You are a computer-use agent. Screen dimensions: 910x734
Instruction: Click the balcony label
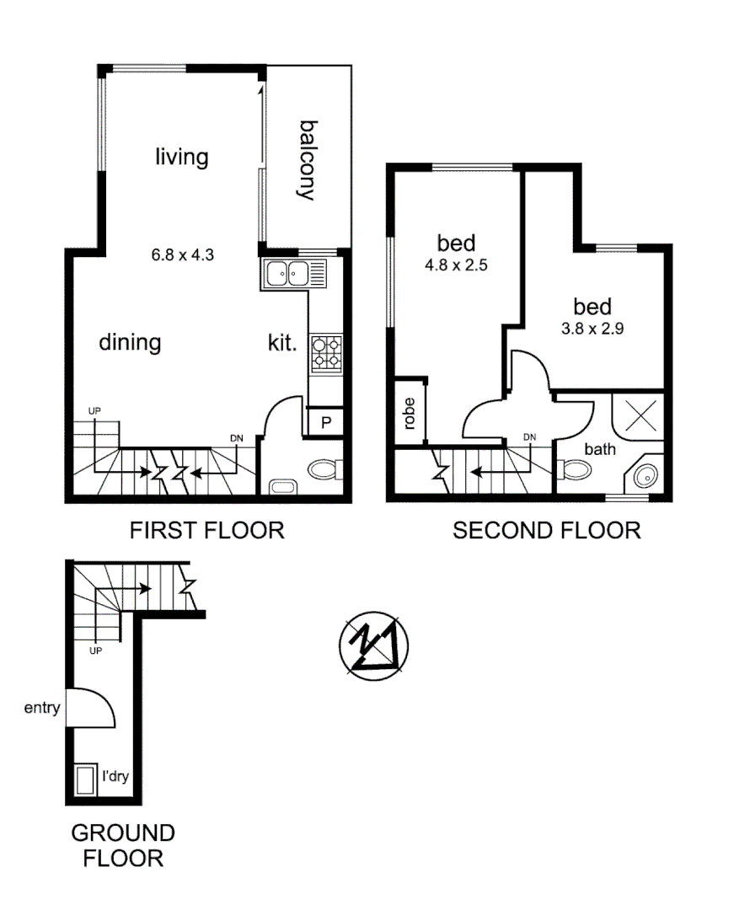pyautogui.click(x=306, y=161)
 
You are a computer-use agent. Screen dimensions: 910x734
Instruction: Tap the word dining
pyautogui.click(x=130, y=343)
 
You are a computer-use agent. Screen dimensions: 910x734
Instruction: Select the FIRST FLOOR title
pyautogui.click(x=206, y=530)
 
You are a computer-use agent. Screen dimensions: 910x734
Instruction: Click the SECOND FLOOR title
pyautogui.click(x=546, y=530)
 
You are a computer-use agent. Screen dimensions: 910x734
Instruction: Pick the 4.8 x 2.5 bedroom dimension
pyautogui.click(x=456, y=264)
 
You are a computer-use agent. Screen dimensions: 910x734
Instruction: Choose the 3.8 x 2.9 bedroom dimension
pyautogui.click(x=592, y=329)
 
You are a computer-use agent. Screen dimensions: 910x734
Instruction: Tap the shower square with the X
pyautogui.click(x=644, y=417)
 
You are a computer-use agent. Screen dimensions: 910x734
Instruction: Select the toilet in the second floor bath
pyautogui.click(x=573, y=469)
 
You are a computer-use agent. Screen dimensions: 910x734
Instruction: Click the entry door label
pyautogui.click(x=41, y=708)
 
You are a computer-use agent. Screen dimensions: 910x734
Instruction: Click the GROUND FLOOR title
pyautogui.click(x=122, y=845)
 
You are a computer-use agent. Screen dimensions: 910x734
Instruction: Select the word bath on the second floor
pyautogui.click(x=599, y=449)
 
